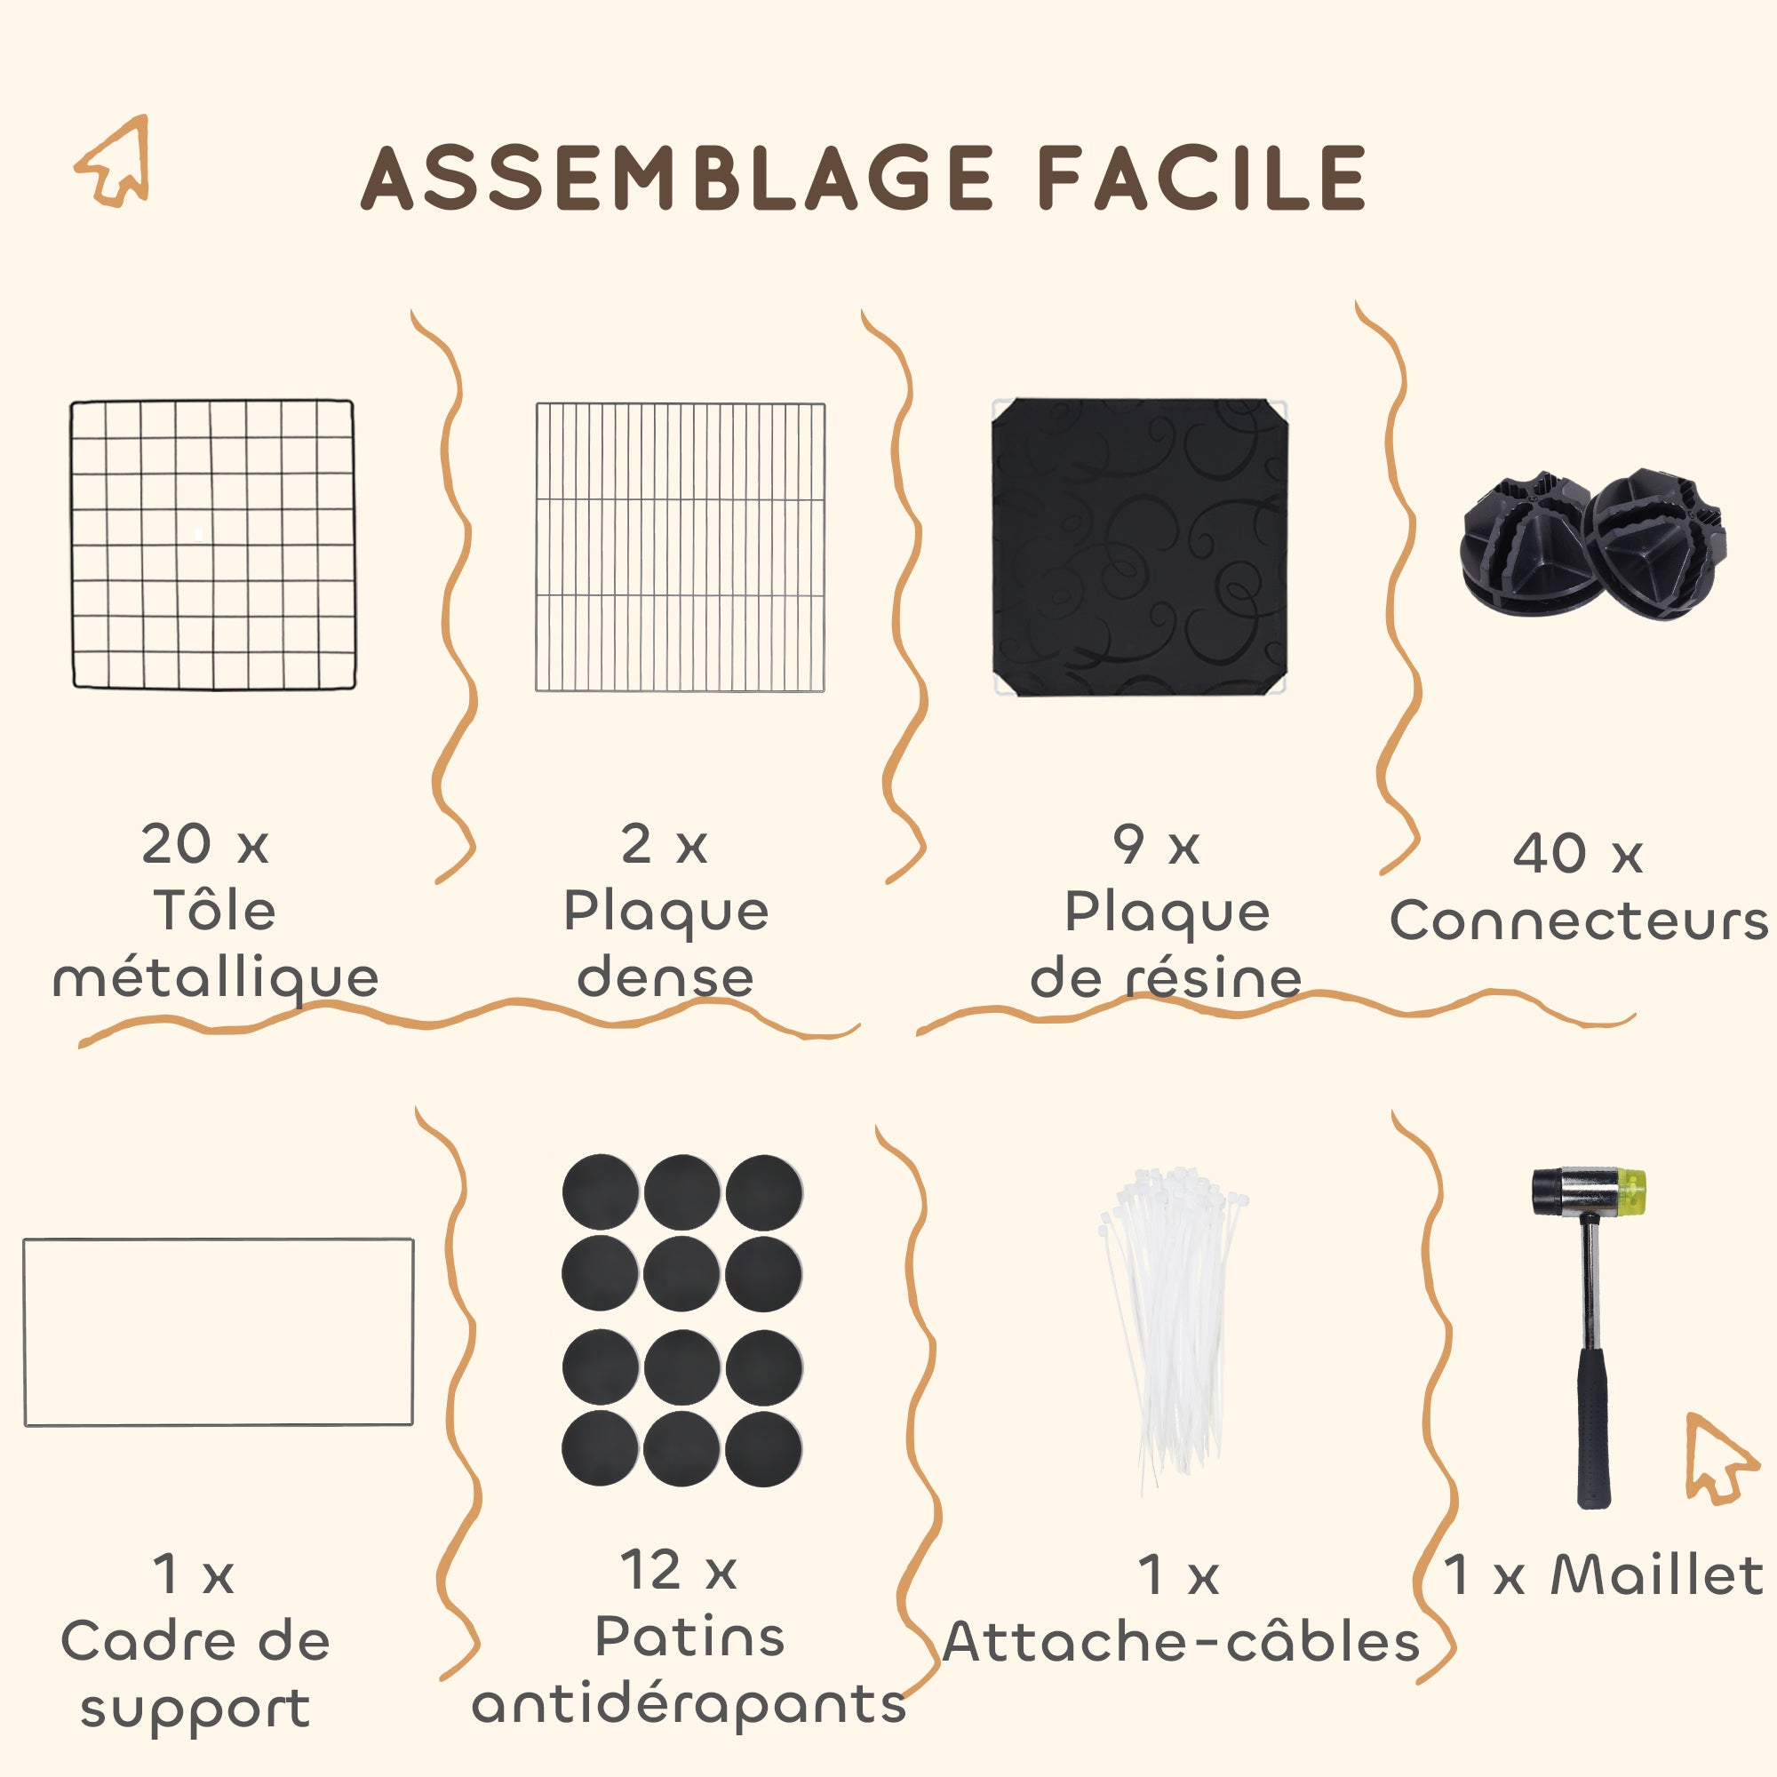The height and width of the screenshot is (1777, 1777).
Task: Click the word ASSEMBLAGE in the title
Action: click(x=677, y=178)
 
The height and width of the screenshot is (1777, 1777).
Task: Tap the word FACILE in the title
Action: click(x=1202, y=178)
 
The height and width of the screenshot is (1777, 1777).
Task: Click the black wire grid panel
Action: click(x=212, y=545)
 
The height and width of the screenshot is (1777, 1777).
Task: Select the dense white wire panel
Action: click(x=681, y=546)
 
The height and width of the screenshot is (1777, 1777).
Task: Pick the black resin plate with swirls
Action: click(x=1139, y=547)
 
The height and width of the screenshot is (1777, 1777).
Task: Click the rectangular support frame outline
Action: click(x=218, y=1239)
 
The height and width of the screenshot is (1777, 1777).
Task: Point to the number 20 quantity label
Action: click(x=177, y=843)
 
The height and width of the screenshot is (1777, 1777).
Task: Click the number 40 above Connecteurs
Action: click(x=1550, y=853)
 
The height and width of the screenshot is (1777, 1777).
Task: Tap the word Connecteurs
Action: click(x=1579, y=920)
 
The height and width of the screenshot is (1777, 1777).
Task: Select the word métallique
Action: click(x=216, y=977)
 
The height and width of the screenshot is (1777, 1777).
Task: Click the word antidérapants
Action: click(x=689, y=1704)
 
